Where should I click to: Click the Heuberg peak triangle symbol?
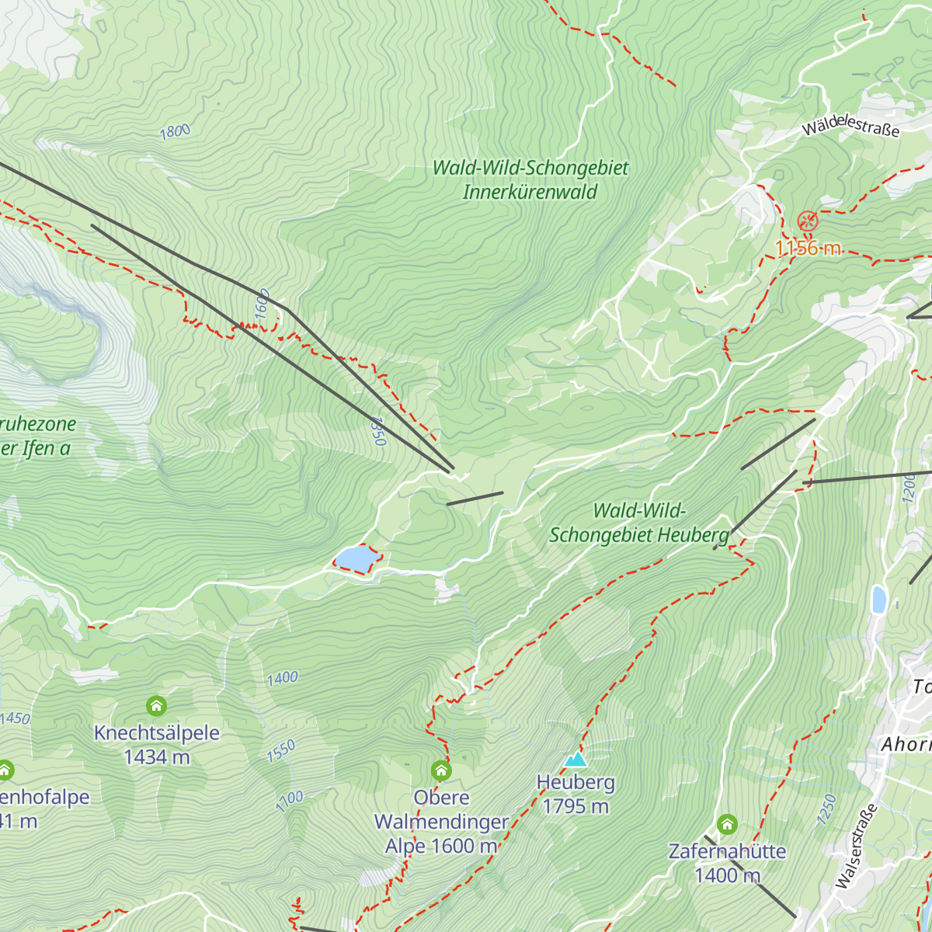coord(576,759)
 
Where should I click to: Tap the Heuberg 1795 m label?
coord(576,795)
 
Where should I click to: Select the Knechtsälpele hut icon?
coord(156,706)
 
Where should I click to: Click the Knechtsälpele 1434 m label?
coord(157,745)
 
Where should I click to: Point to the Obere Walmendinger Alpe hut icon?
coord(441,770)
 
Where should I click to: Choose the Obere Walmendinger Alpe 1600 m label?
coord(441,822)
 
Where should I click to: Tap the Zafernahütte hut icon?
coord(727,823)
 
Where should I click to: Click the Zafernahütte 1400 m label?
coord(727,864)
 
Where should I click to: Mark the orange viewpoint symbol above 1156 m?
coord(808,221)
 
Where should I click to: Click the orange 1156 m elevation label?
coord(808,248)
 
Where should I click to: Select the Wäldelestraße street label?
coord(851,126)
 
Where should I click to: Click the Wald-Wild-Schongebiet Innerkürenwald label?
coord(530,180)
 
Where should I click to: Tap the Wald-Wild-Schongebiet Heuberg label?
coord(639,523)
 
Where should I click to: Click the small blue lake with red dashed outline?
coord(354,558)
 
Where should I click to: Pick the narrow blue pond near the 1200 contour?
coord(878,600)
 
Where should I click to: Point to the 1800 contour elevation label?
coord(175,131)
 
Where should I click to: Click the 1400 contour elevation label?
coord(282,678)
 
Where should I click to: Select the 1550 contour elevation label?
coord(281,751)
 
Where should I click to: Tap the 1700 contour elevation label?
coord(290,801)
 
